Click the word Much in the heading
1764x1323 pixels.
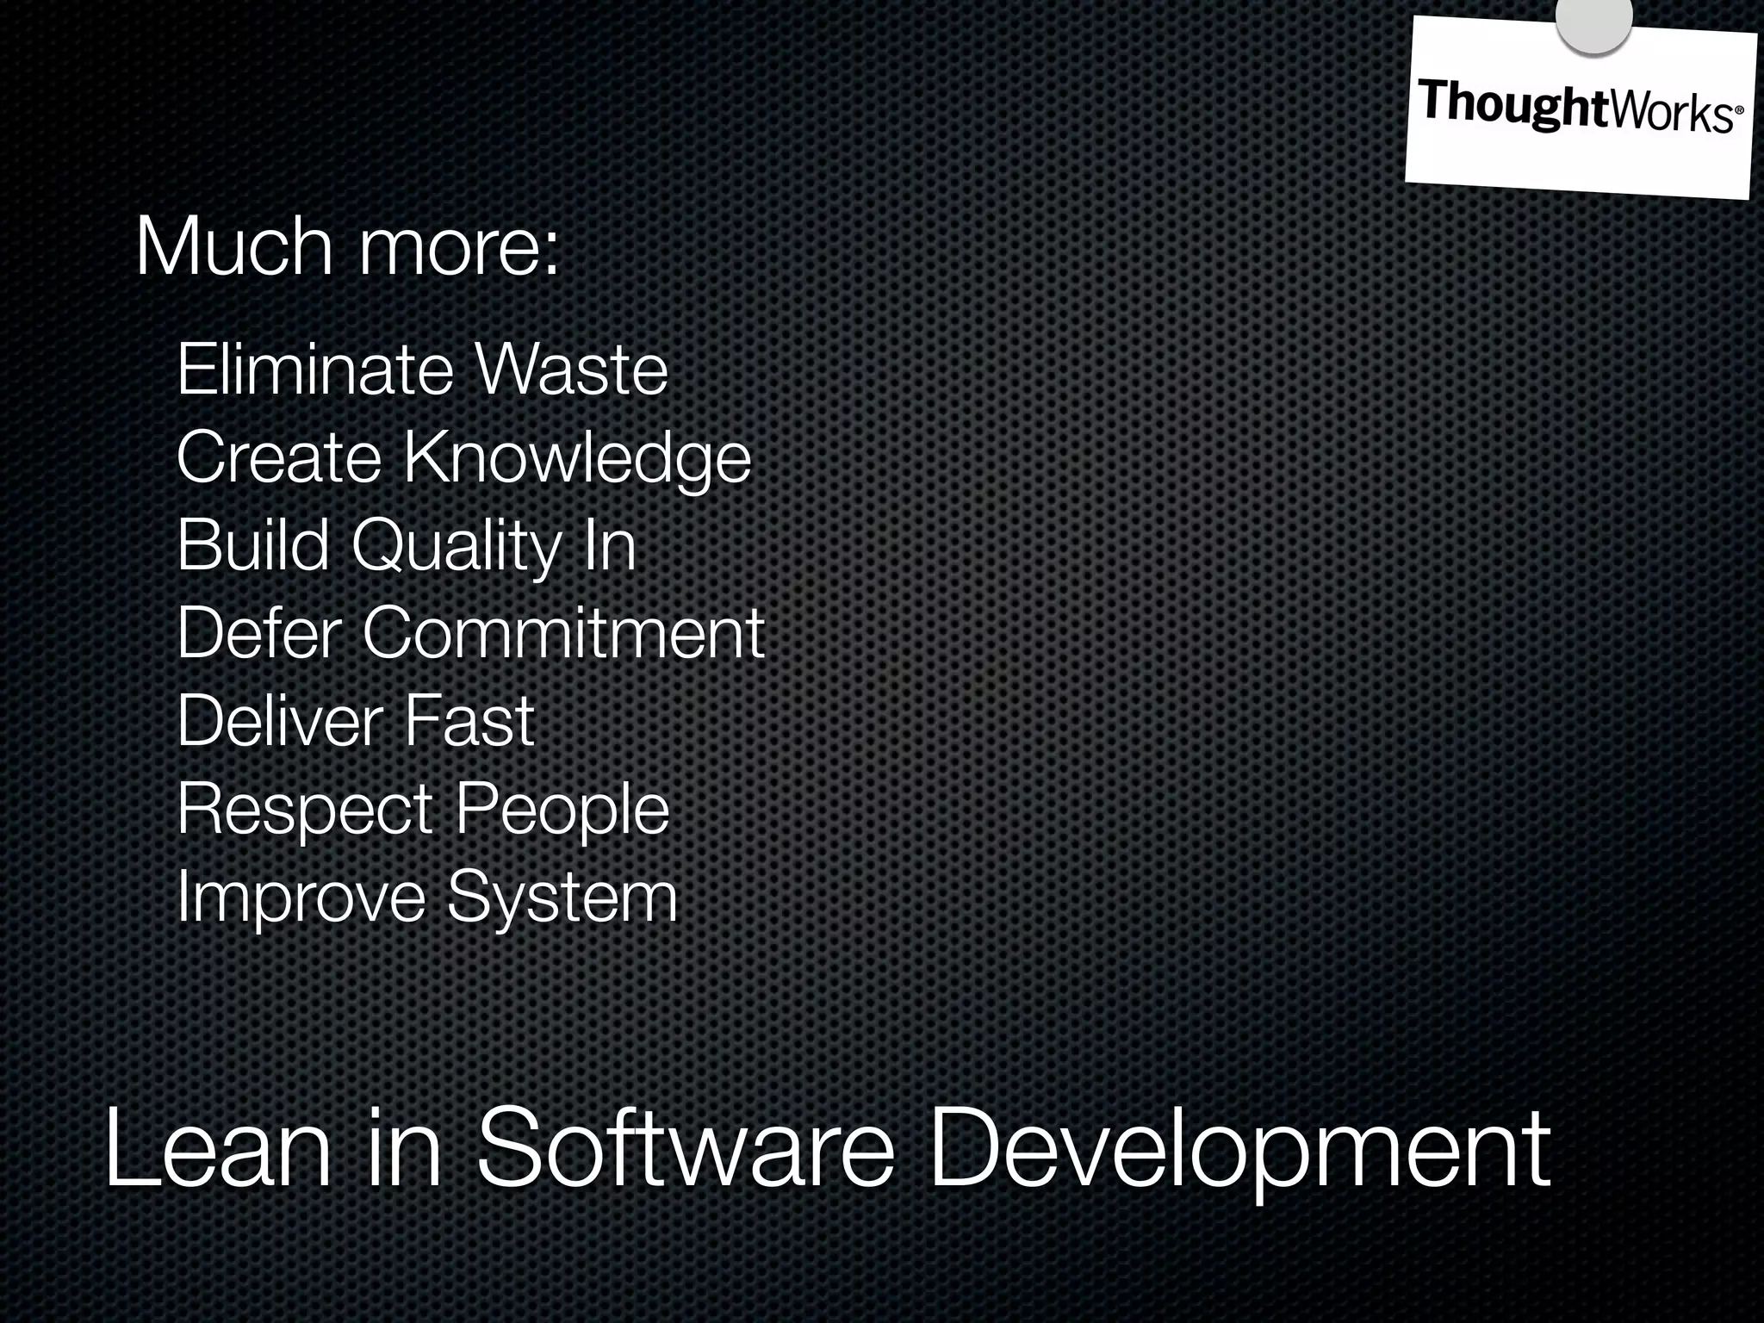[x=233, y=247]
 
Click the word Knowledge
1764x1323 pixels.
[x=577, y=458]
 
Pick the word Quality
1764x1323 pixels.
[x=457, y=547]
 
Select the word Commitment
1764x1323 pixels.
[x=563, y=633]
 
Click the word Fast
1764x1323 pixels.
[x=469, y=721]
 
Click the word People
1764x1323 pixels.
[x=562, y=811]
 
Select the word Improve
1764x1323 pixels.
[x=301, y=898]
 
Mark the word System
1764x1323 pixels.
[x=562, y=898]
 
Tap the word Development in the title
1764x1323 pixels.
[x=1239, y=1150]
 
